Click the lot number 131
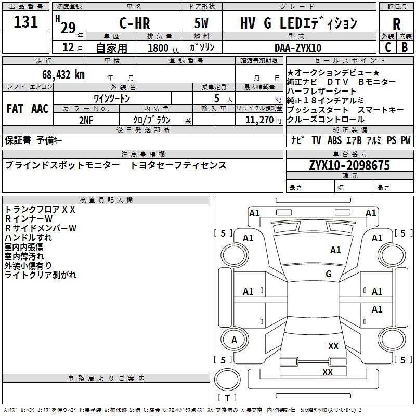pos(25,22)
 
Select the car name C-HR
pos(135,23)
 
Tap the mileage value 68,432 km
pos(63,75)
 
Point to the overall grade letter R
pos(396,24)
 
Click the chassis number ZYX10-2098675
pos(349,165)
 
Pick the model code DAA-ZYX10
pos(298,48)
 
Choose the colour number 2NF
pos(86,120)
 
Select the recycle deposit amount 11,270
pos(259,120)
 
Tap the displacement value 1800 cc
pos(163,48)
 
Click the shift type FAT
pos(15,109)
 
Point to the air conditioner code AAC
pos(40,109)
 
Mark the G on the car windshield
pos(329,274)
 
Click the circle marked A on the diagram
pos(235,340)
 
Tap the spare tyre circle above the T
pos(227,380)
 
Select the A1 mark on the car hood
pos(335,250)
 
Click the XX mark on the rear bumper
pos(328,372)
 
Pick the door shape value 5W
pos(201,23)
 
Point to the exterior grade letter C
pos(388,47)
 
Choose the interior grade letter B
pos(405,47)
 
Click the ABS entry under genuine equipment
pos(334,140)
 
